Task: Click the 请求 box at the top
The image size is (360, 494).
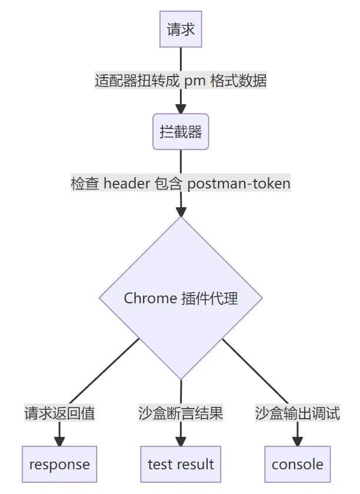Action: [181, 29]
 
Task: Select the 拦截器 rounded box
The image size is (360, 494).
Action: [181, 132]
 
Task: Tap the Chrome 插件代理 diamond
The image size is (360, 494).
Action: [181, 298]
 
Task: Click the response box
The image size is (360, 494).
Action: [59, 464]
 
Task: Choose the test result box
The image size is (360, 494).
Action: [181, 464]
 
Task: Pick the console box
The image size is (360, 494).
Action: [297, 464]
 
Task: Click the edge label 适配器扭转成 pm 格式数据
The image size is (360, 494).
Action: [181, 81]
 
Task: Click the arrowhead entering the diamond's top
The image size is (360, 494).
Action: [181, 211]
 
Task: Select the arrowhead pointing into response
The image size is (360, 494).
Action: [59, 441]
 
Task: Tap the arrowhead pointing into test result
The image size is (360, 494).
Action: [181, 441]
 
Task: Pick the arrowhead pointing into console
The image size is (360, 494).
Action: [297, 441]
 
